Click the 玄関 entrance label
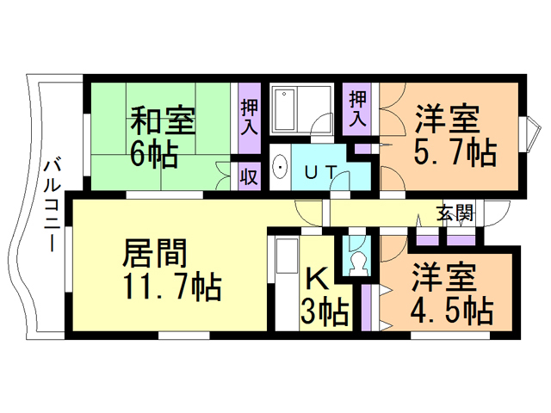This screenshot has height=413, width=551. [454, 213]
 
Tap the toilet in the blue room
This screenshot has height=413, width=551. [356, 259]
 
